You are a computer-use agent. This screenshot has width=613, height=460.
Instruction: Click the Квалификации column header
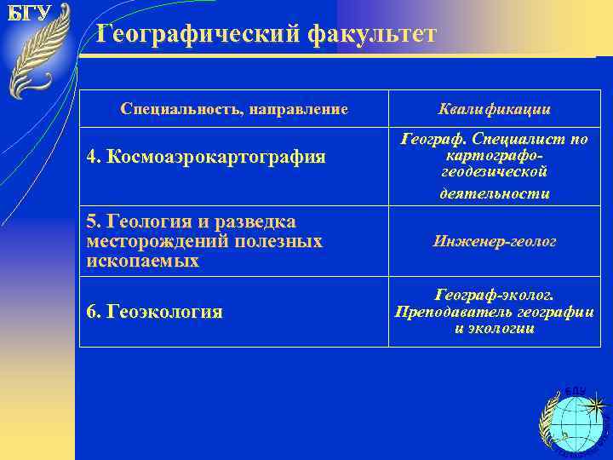click(x=494, y=109)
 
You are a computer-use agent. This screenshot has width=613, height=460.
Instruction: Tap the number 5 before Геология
click(x=92, y=222)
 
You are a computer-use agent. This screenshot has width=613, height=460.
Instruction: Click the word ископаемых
click(x=142, y=261)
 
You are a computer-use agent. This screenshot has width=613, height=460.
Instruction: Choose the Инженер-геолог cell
click(x=494, y=242)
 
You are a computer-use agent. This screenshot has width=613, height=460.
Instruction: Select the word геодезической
click(x=494, y=172)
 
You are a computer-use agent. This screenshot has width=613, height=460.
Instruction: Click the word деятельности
click(x=494, y=193)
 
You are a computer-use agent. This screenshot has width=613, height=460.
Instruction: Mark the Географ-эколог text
click(x=494, y=295)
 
